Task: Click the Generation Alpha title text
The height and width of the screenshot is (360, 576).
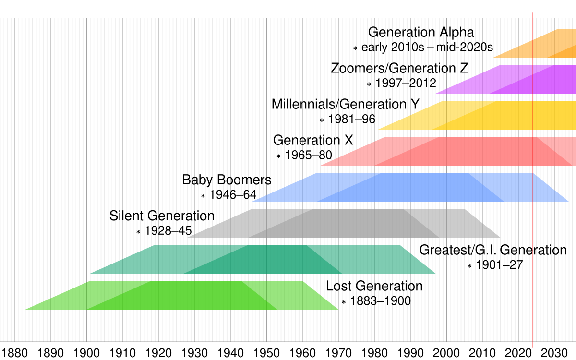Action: coord(421,32)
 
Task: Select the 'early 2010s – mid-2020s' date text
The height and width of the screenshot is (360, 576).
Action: coord(427,48)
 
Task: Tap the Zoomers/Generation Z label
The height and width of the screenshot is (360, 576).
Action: coord(399,68)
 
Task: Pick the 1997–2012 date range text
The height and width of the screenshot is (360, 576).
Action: coord(406,84)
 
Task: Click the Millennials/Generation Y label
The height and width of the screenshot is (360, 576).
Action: coord(346,104)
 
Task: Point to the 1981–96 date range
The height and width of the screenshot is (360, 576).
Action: coord(351,120)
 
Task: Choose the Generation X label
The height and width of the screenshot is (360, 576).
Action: coord(313,140)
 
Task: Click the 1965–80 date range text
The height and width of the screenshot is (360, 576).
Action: coord(308,156)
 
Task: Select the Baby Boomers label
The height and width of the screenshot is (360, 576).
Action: coord(227,180)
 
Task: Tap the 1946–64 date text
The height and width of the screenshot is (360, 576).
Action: coord(233,195)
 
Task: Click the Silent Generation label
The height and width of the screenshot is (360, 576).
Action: coord(162,216)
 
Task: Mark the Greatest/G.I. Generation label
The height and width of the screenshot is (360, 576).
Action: coord(493,250)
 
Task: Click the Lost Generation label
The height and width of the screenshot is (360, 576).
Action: coord(374,286)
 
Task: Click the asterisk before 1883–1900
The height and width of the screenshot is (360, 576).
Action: coord(344,302)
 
